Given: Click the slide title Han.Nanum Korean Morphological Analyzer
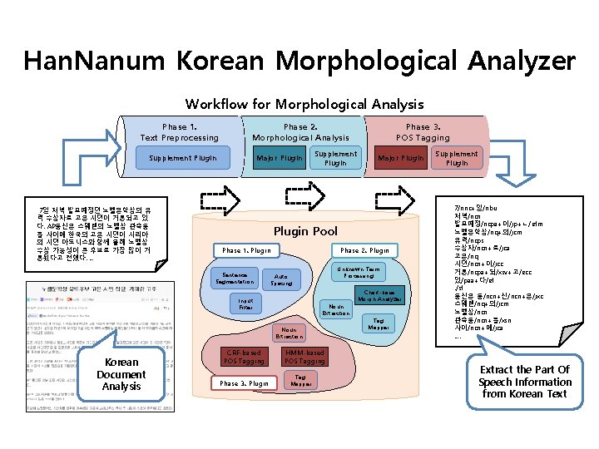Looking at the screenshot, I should pyautogui.click(x=299, y=61).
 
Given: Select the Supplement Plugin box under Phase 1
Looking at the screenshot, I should pyautogui.click(x=182, y=158).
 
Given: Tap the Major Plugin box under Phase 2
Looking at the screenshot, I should pyautogui.click(x=280, y=158).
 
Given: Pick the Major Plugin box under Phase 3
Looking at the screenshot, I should pyautogui.click(x=401, y=158).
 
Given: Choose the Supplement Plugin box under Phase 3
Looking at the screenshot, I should pyautogui.click(x=457, y=158).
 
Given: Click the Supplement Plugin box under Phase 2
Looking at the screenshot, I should pyautogui.click(x=335, y=158).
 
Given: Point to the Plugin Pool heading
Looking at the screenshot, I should pyautogui.click(x=305, y=230).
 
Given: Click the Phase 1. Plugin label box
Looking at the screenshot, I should pyautogui.click(x=246, y=250).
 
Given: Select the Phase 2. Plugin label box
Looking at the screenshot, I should pyautogui.click(x=364, y=250).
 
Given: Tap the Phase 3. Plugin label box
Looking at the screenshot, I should pyautogui.click(x=244, y=383).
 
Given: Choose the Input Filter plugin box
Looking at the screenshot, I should pyautogui.click(x=246, y=304).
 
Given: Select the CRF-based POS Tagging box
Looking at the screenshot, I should pyautogui.click(x=244, y=357).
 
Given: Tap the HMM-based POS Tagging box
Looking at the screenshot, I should pyautogui.click(x=304, y=357).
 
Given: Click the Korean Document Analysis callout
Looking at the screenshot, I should pyautogui.click(x=121, y=374).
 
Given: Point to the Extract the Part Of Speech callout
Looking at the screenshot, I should pyautogui.click(x=524, y=381).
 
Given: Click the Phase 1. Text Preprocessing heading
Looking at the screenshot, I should pyautogui.click(x=179, y=132).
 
